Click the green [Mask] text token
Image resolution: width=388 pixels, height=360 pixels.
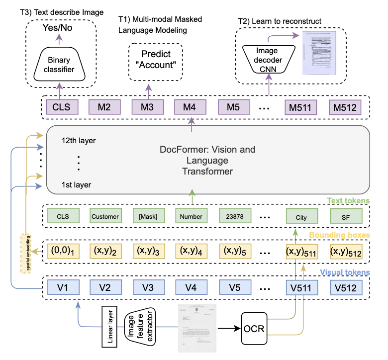tap(147, 216)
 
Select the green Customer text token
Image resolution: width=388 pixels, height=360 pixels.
tap(105, 216)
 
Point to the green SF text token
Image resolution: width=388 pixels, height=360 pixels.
tap(346, 216)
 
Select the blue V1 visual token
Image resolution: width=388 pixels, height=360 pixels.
tap(62, 287)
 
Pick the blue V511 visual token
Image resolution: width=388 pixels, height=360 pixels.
tap(301, 287)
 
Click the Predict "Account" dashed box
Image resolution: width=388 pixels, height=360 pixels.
tap(156, 60)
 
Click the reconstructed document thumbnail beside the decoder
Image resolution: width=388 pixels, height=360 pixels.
tap(319, 54)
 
